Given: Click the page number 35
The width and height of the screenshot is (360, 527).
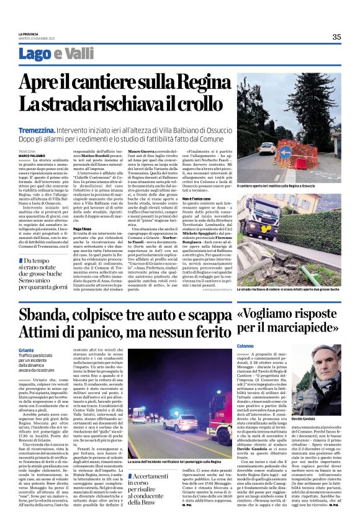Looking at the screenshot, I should pyautogui.click(x=336, y=37).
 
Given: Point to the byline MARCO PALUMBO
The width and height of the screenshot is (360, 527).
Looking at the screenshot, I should pyautogui.click(x=32, y=155).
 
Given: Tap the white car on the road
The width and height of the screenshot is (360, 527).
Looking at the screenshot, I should pyautogui.click(x=266, y=148).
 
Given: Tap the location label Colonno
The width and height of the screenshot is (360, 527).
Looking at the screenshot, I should pyautogui.click(x=245, y=345).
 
